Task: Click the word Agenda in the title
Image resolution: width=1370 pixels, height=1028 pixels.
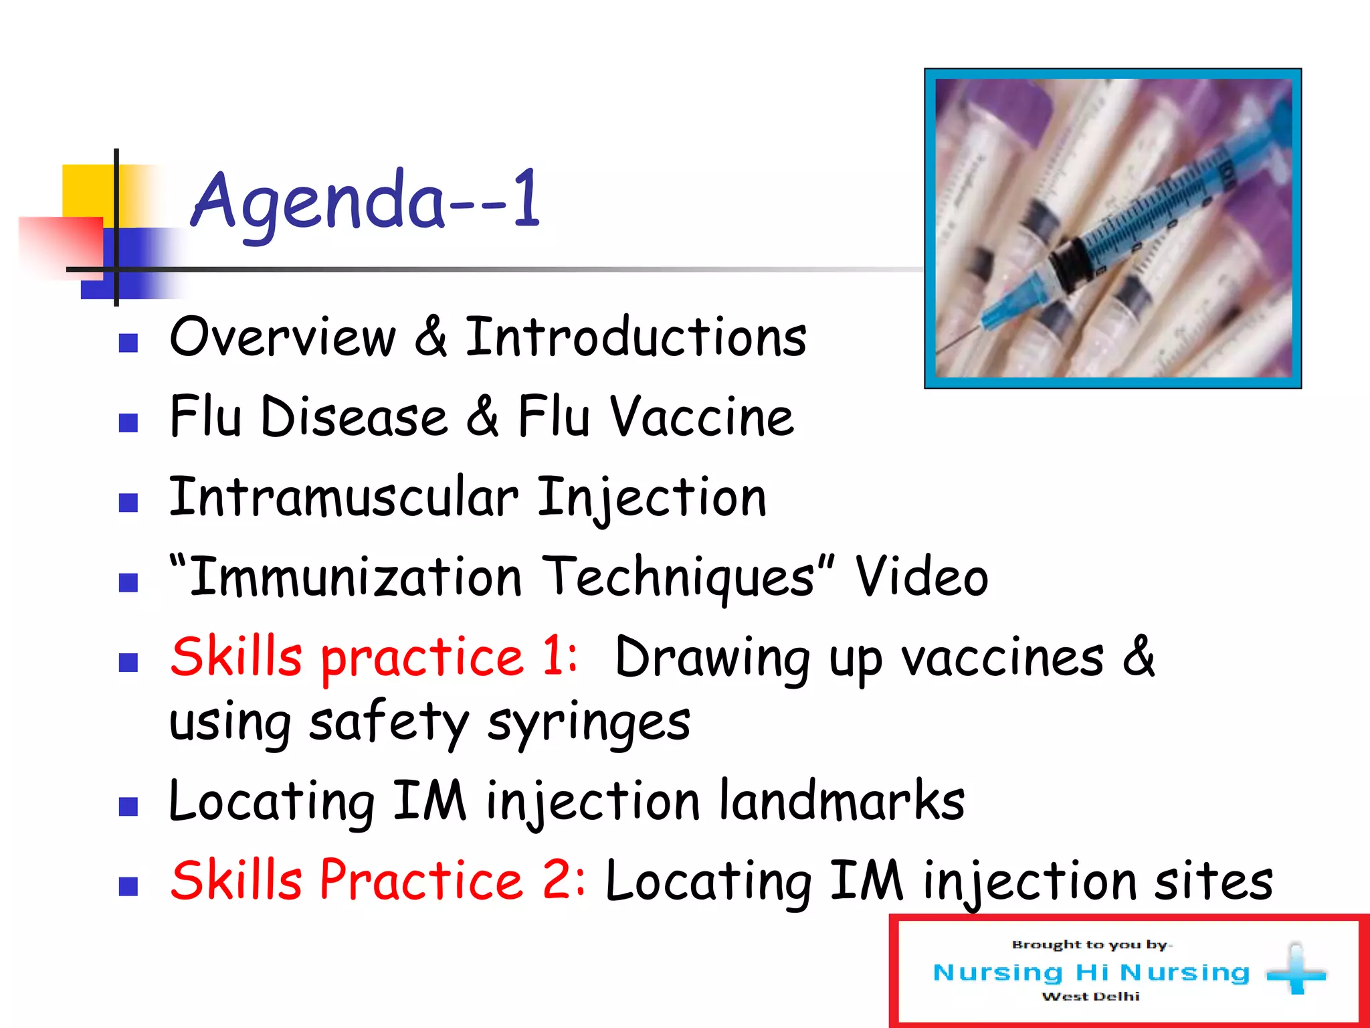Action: [x=318, y=201]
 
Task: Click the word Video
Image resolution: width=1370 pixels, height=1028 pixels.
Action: [x=921, y=577]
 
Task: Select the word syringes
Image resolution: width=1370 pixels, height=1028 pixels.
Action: [x=589, y=723]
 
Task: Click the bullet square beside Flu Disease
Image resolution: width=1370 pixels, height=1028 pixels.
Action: [x=128, y=423]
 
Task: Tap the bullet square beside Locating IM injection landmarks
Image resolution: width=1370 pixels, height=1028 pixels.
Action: [x=128, y=806]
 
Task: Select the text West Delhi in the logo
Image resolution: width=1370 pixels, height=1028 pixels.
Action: [x=1090, y=997]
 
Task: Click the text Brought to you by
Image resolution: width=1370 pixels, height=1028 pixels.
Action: [x=1090, y=945]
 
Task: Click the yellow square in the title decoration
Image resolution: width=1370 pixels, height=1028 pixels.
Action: [x=87, y=191]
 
